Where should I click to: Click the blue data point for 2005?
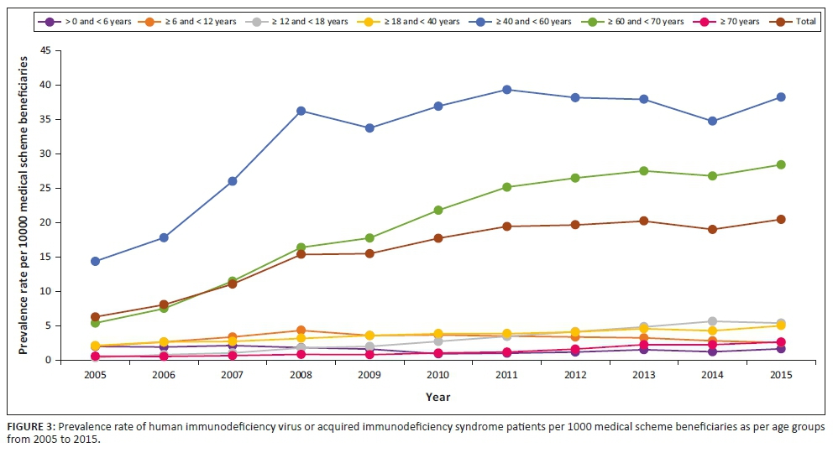coord(95,261)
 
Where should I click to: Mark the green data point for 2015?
coord(781,164)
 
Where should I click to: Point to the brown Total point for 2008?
coord(301,254)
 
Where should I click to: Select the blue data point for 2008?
coord(301,111)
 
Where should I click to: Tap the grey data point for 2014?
coord(712,321)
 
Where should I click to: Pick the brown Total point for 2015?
coord(781,219)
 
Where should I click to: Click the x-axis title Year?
coord(437,397)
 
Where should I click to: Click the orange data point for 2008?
coord(301,330)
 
